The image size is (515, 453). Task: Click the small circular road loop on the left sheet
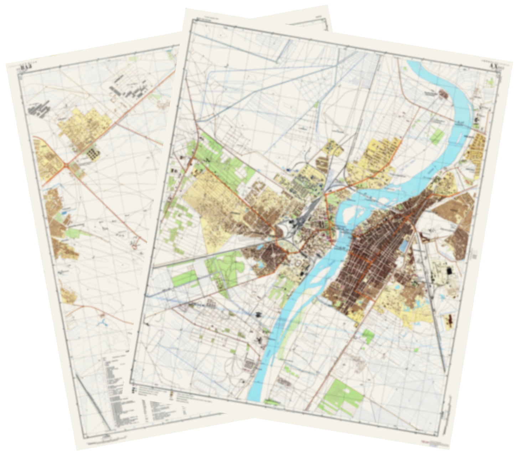(135, 246)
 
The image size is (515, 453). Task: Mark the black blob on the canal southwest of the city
(258, 314)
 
